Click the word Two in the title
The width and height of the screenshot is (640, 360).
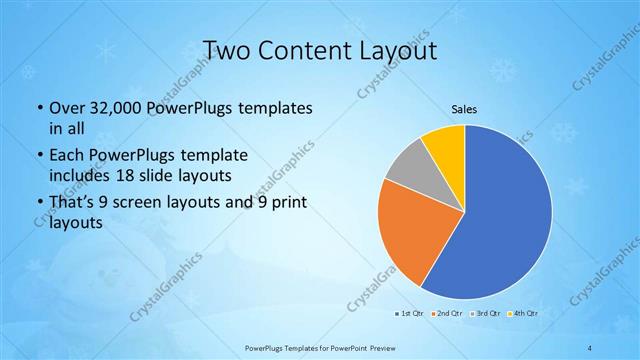[227, 49]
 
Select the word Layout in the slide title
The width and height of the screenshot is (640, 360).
[396, 49]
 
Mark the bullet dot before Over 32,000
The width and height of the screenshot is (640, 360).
[38, 108]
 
